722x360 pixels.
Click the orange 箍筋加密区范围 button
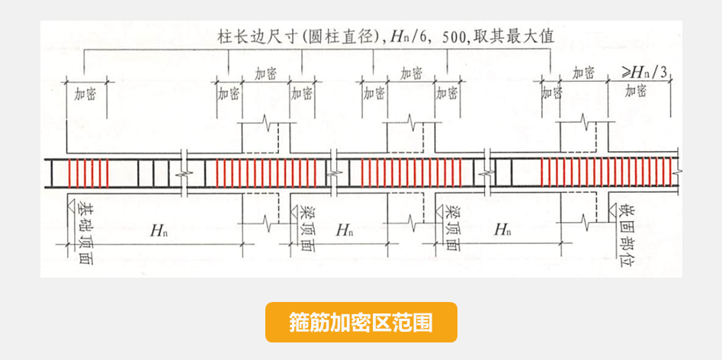[x=361, y=322]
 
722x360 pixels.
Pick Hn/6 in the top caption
[x=407, y=37]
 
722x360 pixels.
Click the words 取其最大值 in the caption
[x=521, y=37]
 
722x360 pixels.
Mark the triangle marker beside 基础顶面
[x=68, y=206]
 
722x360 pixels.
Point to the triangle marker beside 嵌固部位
[x=612, y=206]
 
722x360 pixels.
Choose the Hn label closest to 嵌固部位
[x=502, y=230]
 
